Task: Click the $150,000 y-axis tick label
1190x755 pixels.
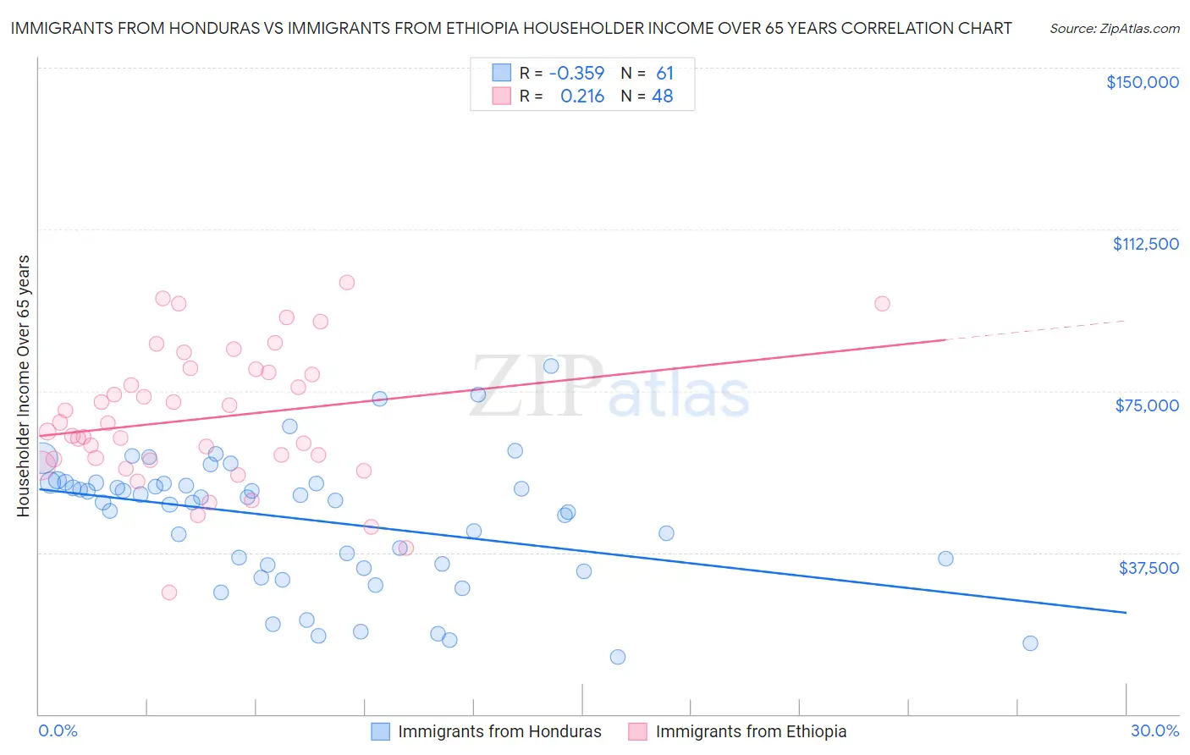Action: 1142,82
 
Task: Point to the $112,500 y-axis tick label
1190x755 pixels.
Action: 1145,244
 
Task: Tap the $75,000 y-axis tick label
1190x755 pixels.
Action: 1147,405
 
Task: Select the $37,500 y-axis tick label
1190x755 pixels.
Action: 1149,568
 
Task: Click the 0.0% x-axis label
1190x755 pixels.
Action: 58,731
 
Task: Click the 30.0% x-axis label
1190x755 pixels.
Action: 1154,731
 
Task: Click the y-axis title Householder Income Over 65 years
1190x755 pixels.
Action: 24,386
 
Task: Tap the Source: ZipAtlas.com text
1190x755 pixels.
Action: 1115,28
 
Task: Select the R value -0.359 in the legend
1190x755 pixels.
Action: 576,74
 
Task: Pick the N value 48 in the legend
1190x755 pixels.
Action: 662,96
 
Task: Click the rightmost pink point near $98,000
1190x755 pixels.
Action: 882,304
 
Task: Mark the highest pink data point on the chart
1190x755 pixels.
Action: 346,283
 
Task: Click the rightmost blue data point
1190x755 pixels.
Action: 1030,643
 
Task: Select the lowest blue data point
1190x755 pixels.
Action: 618,657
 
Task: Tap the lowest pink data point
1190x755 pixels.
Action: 169,592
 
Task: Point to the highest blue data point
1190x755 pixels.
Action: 551,366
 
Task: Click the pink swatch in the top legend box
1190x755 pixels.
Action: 502,96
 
